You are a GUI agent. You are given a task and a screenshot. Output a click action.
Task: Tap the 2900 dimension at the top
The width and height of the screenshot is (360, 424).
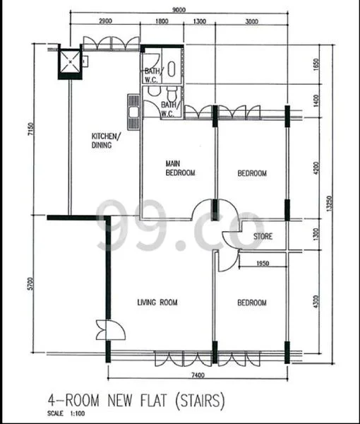click(x=108, y=22)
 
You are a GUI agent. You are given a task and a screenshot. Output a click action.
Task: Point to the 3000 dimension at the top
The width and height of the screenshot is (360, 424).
click(x=251, y=22)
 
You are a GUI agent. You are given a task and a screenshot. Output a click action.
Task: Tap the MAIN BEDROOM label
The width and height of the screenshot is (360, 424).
click(x=180, y=167)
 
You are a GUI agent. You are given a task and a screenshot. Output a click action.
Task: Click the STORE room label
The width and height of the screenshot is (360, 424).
click(x=263, y=236)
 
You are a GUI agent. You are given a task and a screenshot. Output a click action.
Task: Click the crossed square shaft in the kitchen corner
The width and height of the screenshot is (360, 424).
click(x=70, y=61)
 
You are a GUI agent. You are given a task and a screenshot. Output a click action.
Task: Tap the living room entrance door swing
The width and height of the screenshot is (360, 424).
click(x=105, y=330)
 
